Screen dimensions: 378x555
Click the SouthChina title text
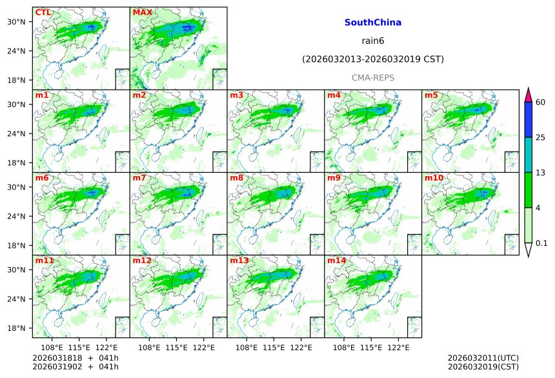click(372, 23)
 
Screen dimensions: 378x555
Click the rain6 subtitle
click(372, 41)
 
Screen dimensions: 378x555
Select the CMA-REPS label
click(372, 77)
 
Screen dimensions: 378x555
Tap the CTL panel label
click(43, 13)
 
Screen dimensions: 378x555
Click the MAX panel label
click(142, 13)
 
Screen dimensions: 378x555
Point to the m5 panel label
click(431, 96)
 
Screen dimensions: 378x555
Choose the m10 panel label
click(434, 178)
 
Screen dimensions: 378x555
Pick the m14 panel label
click(336, 261)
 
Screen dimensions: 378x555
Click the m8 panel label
click(236, 178)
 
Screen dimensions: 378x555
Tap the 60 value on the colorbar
click(541, 103)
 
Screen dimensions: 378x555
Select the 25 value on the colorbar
click(541, 137)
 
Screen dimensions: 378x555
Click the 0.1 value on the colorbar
click(541, 243)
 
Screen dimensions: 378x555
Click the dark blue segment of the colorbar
click(528, 120)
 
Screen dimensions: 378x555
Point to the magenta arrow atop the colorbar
click(528, 94)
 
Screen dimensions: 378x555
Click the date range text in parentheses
click(372, 59)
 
